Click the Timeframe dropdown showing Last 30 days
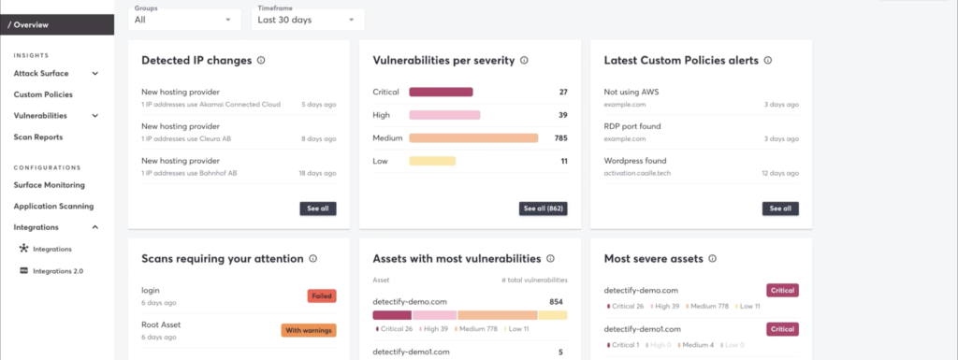click(308, 19)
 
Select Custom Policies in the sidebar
click(43, 94)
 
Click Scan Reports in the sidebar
click(38, 137)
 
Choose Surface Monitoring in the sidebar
click(49, 185)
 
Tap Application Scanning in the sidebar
click(53, 206)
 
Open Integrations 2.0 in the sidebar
click(58, 271)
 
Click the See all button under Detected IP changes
click(319, 209)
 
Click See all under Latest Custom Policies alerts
click(780, 209)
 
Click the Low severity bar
click(432, 161)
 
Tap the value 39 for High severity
click(562, 115)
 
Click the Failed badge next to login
click(321, 296)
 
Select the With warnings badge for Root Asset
click(308, 330)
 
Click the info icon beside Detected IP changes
click(261, 61)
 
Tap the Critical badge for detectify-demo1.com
click(782, 329)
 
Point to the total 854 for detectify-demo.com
click(556, 302)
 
